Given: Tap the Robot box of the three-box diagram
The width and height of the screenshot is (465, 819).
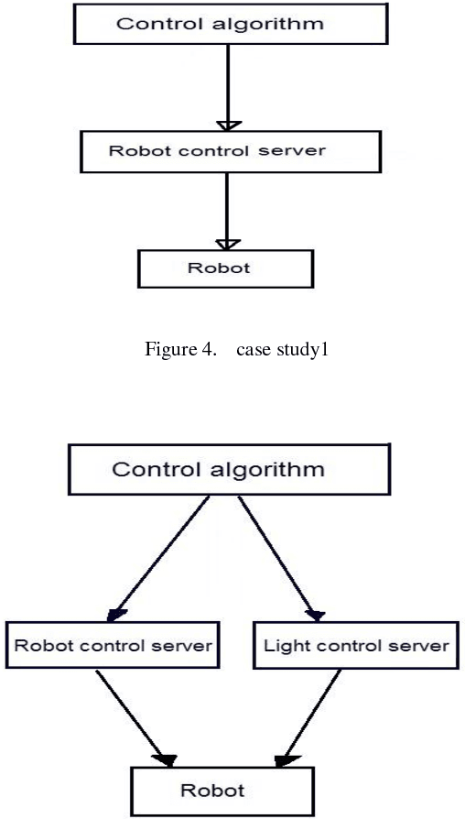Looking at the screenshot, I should [x=225, y=269].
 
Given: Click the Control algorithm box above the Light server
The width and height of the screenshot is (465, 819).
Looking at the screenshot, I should [x=218, y=471].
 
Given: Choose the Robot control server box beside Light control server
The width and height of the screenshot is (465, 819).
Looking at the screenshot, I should [x=114, y=646].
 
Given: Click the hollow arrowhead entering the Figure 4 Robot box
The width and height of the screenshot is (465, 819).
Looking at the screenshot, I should [x=227, y=244].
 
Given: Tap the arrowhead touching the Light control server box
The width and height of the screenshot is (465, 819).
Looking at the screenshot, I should [x=316, y=615].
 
